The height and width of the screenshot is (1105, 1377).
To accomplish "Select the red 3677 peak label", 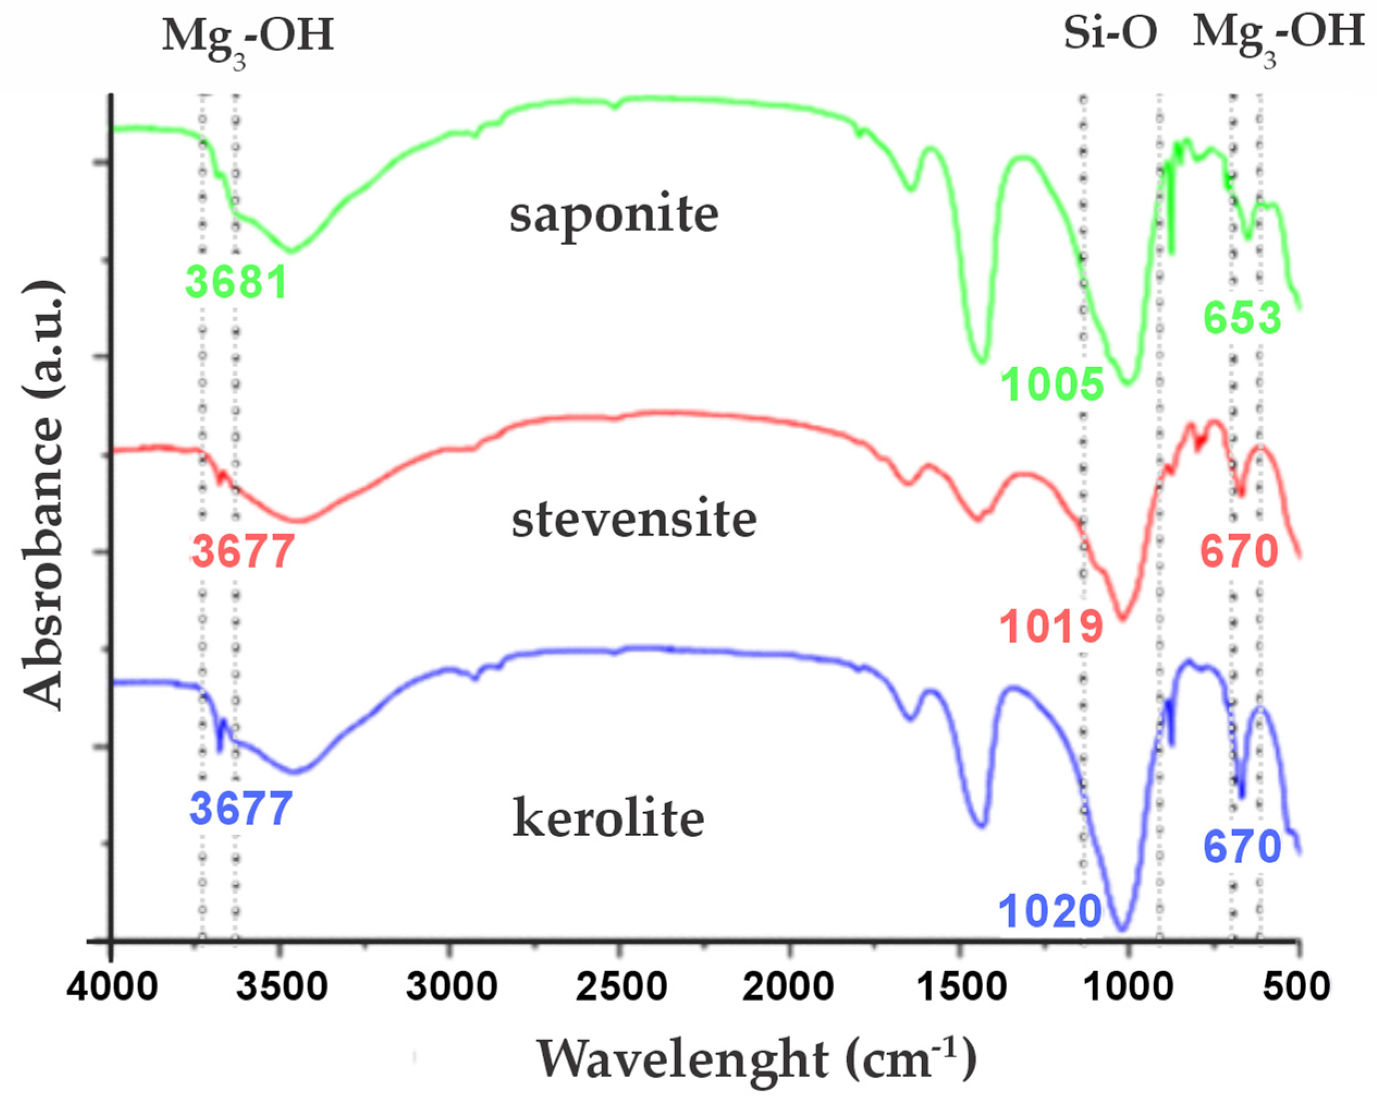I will point(243,551).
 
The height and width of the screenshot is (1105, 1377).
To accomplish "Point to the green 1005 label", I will point(1053,383).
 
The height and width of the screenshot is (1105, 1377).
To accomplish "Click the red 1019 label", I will point(1052,626).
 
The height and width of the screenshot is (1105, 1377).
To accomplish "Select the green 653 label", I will point(1242,318).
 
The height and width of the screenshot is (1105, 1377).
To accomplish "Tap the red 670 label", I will point(1240,551).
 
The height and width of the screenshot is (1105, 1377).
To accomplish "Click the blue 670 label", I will point(1242,847).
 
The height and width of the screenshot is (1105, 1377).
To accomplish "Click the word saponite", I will point(614,215).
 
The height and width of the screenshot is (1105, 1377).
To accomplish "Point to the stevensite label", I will point(634,519).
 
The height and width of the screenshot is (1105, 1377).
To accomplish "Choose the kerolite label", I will point(608,819).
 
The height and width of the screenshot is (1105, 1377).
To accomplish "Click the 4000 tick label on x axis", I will point(113,986).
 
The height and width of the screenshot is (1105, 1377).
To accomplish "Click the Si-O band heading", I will point(1110,33).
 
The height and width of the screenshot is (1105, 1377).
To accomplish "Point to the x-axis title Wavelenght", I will point(682,1060).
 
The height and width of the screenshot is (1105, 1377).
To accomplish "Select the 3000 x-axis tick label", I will point(452,986).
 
